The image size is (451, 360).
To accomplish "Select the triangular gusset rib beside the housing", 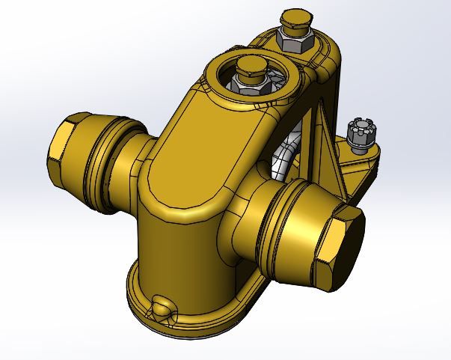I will pos(323,150).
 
